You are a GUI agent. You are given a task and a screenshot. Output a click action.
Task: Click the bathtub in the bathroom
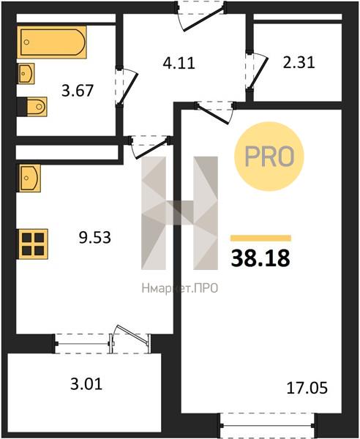(52, 42)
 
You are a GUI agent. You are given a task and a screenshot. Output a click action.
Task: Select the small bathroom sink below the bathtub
(26, 74)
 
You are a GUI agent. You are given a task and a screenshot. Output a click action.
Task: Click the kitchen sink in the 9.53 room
(29, 178)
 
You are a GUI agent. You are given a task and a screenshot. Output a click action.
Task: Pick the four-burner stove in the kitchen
(32, 244)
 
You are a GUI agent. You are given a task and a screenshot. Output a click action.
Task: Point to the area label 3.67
(78, 91)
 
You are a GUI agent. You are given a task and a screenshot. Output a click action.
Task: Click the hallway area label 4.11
(179, 63)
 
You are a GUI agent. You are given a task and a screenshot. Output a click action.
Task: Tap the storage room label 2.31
(299, 62)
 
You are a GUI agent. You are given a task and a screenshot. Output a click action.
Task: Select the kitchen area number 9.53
(95, 237)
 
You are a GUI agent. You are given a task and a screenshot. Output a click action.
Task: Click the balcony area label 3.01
(86, 384)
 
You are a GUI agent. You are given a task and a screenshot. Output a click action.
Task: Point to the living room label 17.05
(307, 388)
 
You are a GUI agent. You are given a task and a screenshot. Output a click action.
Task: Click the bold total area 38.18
(260, 258)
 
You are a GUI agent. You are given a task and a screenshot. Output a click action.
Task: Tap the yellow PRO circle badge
(269, 157)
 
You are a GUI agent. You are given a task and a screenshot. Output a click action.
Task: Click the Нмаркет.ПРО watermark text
(180, 288)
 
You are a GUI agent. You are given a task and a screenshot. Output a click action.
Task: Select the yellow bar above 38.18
(260, 239)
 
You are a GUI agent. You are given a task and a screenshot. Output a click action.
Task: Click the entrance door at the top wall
(200, 15)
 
